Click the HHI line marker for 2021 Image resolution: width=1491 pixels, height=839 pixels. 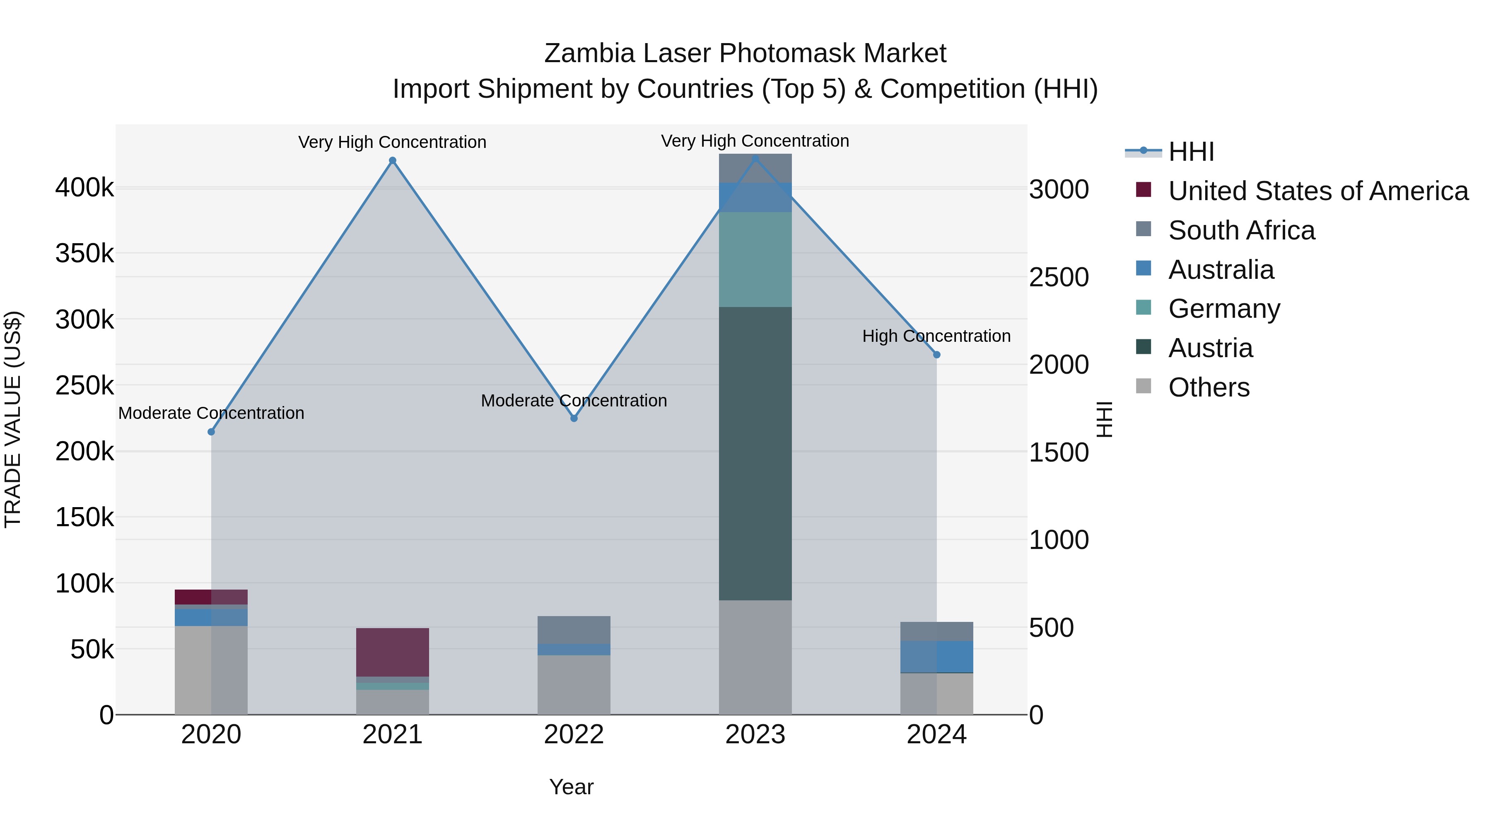pyautogui.click(x=393, y=160)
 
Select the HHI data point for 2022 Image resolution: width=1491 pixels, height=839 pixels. pyautogui.click(x=574, y=418)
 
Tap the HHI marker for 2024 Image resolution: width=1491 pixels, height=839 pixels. pyautogui.click(x=936, y=354)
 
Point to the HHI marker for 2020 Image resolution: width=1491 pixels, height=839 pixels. pyautogui.click(x=211, y=432)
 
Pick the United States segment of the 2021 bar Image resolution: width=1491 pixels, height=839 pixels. pyautogui.click(x=393, y=652)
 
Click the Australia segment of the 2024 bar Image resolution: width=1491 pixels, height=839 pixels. pyautogui.click(x=936, y=657)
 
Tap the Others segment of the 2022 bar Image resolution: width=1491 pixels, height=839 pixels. pyautogui.click(x=574, y=684)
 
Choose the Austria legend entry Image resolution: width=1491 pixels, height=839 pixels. pyautogui.click(x=1210, y=348)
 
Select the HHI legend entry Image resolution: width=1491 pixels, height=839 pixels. pyautogui.click(x=1191, y=152)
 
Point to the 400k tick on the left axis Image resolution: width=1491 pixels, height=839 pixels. pyautogui.click(x=84, y=188)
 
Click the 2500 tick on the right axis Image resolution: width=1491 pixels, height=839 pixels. pyautogui.click(x=1059, y=277)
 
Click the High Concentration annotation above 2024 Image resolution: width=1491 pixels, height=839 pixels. pyautogui.click(x=936, y=336)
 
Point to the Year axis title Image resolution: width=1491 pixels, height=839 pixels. pyautogui.click(x=571, y=787)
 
